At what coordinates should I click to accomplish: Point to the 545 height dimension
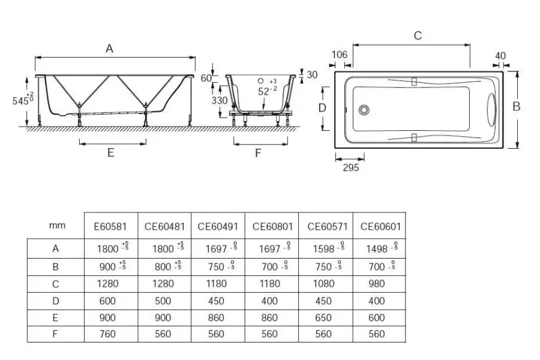click(x=20, y=101)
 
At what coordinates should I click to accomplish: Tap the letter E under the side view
click(x=110, y=152)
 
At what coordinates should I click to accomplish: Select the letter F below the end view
click(x=258, y=153)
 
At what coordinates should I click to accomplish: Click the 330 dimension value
click(x=220, y=100)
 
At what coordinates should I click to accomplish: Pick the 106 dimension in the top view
click(x=340, y=55)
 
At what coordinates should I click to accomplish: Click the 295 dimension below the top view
click(x=350, y=168)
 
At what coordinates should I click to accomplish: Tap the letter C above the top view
click(x=418, y=36)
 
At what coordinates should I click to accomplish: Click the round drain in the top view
click(x=363, y=110)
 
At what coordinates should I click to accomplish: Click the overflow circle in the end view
click(x=261, y=80)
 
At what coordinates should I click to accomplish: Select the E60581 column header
click(x=110, y=226)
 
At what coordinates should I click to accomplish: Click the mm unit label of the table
click(x=56, y=226)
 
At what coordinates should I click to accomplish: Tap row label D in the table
click(x=55, y=300)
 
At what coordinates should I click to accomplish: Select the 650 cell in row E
click(x=324, y=317)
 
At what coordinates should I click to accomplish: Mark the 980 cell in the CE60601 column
click(x=377, y=283)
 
